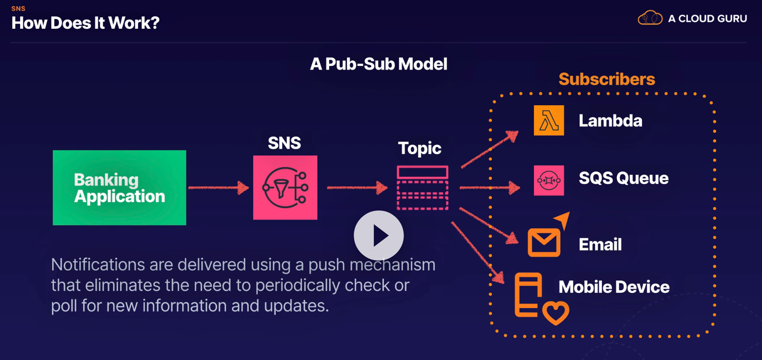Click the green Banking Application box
pos(119,187)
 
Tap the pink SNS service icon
pos(285,187)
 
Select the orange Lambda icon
pos(549,120)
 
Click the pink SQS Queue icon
pos(549,180)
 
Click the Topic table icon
pos(422,188)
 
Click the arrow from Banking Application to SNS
pos(219,187)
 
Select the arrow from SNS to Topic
pos(357,187)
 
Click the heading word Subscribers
pos(606,79)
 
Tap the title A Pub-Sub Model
pos(379,64)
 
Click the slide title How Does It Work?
pos(86,23)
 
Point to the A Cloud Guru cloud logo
pos(650,18)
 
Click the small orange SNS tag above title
pos(18,9)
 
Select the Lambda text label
pos(610,121)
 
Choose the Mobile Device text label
pos(614,287)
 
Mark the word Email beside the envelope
pos(600,245)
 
